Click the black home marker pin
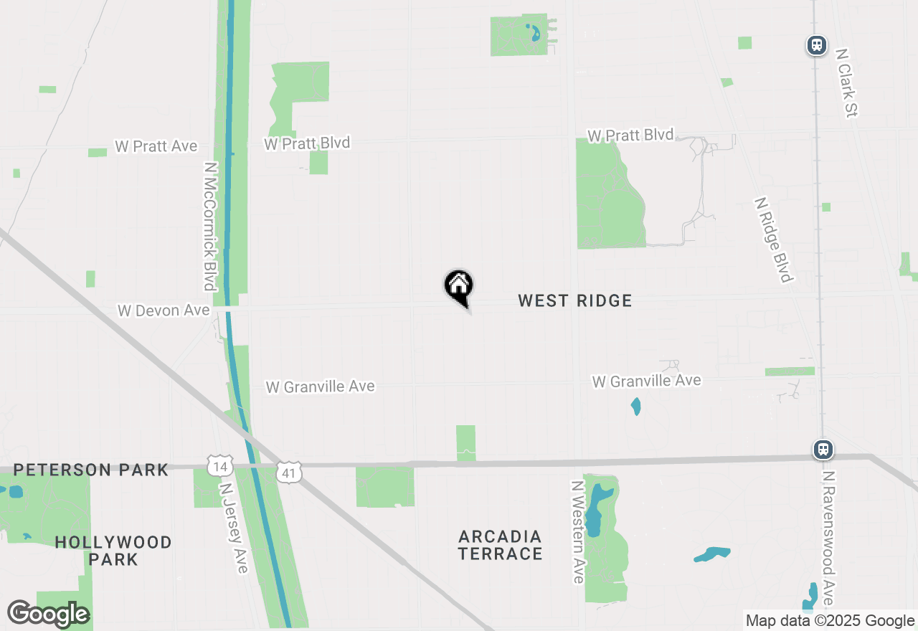459,287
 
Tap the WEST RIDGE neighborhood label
575,300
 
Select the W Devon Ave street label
164,310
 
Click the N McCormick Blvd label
209,226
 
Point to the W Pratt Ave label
156,146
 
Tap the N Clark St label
847,82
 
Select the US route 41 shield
289,472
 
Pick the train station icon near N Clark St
816,45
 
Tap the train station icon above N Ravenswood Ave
823,450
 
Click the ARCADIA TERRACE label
501,545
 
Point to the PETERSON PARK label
90,470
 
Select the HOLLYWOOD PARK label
113,551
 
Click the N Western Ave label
578,531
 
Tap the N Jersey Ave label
234,527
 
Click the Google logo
48,615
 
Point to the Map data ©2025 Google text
830,621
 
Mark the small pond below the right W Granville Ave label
635,407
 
